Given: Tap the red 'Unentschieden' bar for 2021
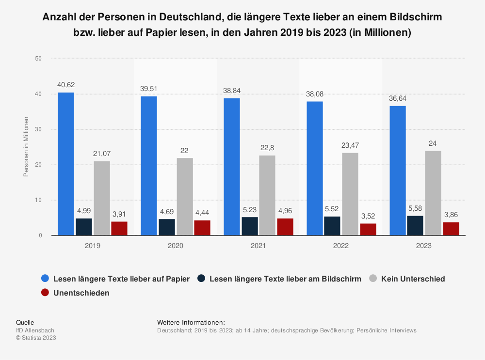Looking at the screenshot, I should coord(285,227).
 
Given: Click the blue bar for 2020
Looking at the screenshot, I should coord(148,166).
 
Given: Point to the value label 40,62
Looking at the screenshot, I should coord(66,85).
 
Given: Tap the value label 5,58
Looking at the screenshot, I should coord(415,208).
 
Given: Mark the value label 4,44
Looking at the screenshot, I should coord(202,212).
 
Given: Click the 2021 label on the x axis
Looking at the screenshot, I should coord(258,246).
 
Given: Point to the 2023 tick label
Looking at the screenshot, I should coord(423,246).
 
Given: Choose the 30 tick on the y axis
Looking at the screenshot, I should coord(39,129).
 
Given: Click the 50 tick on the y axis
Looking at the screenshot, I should coord(39,59).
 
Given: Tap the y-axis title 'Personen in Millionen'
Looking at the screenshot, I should coord(26,146).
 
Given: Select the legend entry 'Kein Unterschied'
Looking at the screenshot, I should coord(413,279).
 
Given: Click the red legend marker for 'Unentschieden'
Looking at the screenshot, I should coord(45,293).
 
